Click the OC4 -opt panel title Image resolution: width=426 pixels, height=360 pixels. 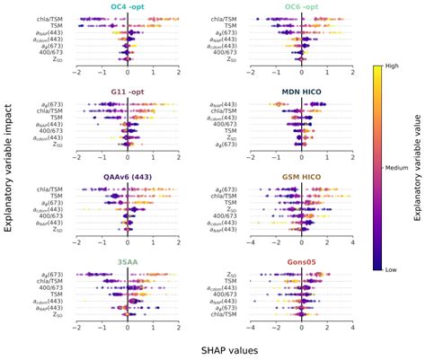[127, 7]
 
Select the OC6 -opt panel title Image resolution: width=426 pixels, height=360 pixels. [301, 7]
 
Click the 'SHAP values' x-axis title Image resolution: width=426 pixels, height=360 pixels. [214, 348]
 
